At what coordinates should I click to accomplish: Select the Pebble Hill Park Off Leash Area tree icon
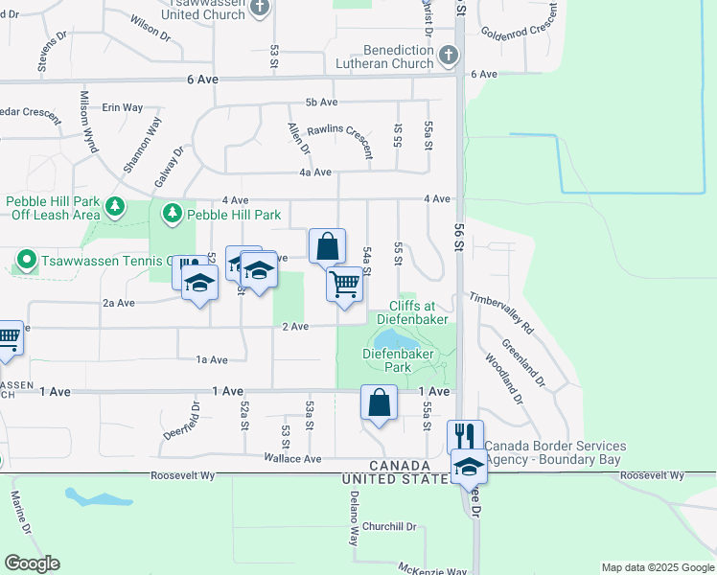[115, 206]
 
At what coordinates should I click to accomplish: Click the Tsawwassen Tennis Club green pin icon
[26, 260]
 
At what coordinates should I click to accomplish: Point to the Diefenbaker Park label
[399, 359]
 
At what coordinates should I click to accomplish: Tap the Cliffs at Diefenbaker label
[412, 311]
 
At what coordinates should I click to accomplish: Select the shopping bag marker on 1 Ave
[380, 402]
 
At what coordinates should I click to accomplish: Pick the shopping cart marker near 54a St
[344, 284]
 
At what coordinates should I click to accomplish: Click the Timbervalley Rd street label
[499, 314]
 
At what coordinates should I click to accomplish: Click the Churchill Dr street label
[389, 526]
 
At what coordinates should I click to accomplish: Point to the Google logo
[32, 563]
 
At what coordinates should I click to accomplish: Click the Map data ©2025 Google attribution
[657, 567]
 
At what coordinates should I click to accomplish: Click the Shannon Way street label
[142, 145]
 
